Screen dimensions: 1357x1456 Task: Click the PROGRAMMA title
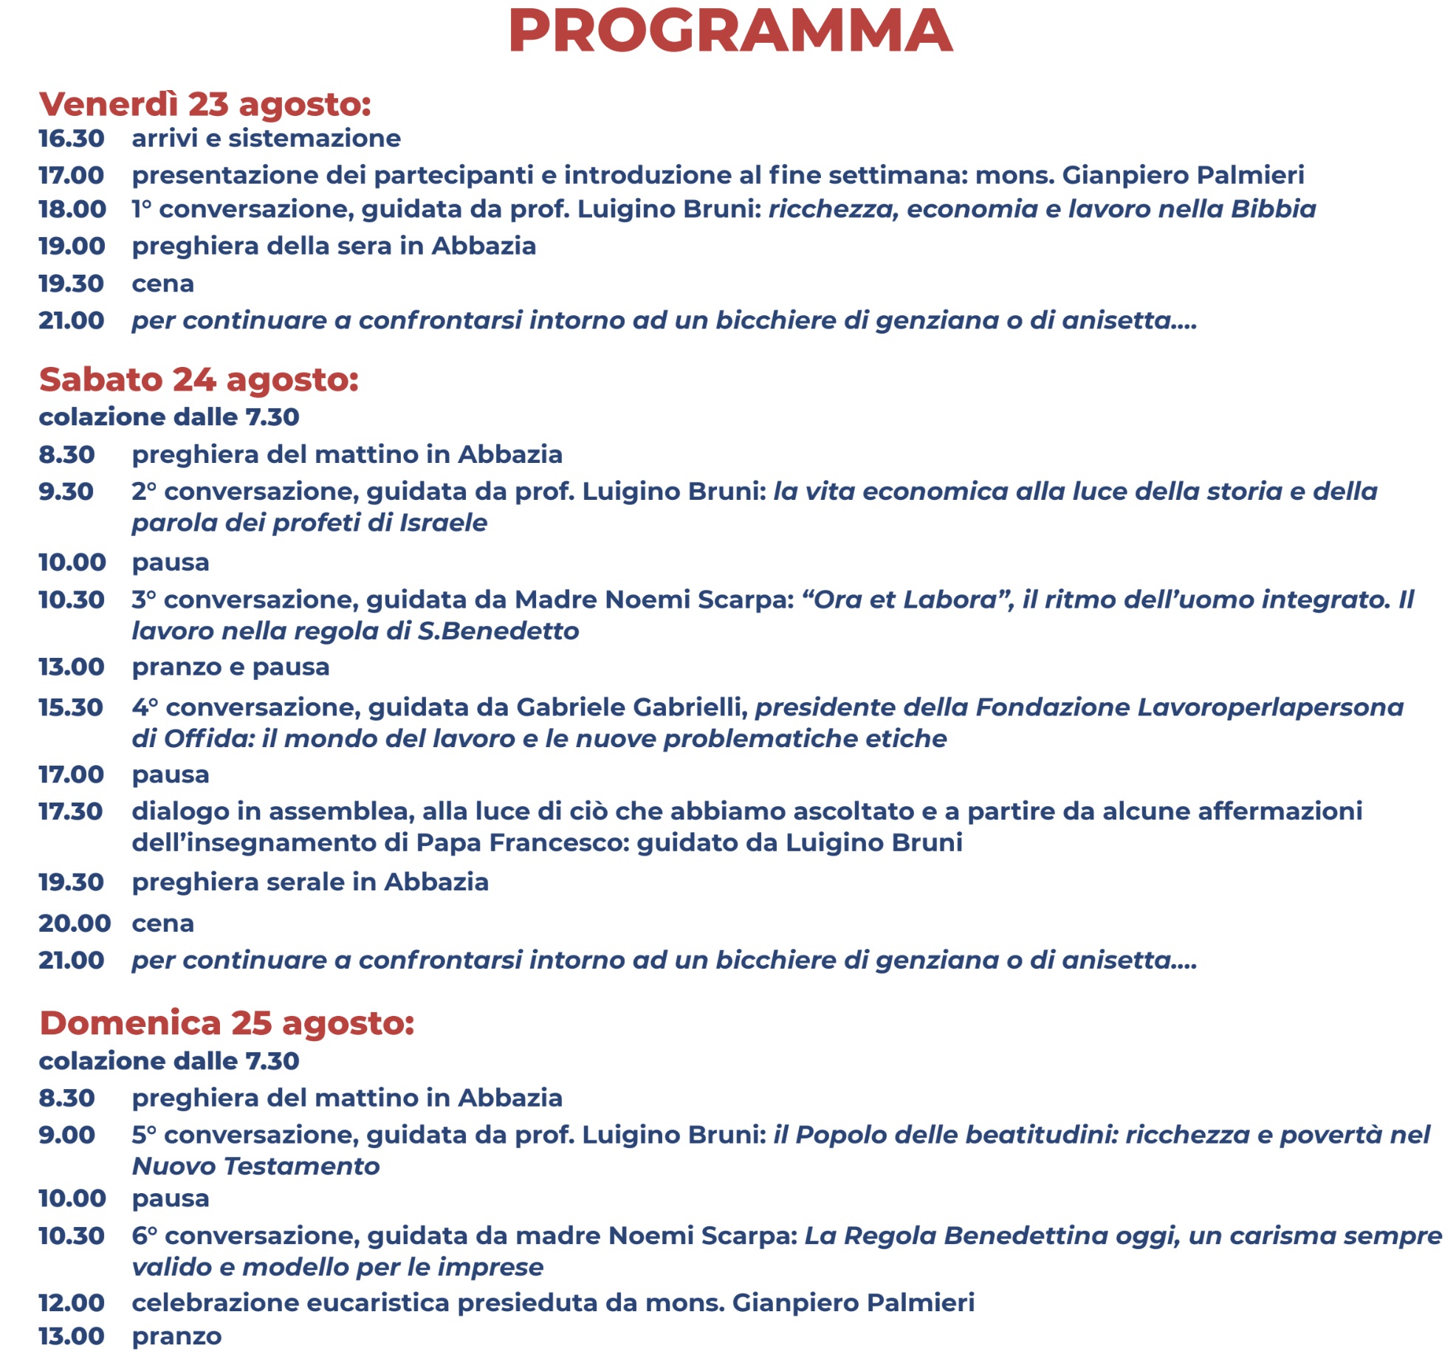pyautogui.click(x=730, y=31)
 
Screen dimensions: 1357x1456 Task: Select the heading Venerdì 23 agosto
pyautogui.click(x=205, y=104)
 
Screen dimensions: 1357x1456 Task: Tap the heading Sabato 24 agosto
pyautogui.click(x=199, y=379)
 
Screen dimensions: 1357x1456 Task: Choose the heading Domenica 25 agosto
pyautogui.click(x=227, y=1023)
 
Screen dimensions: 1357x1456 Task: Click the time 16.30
pyautogui.click(x=72, y=139)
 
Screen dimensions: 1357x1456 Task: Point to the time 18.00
pyautogui.click(x=72, y=210)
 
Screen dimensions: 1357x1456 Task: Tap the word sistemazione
pyautogui.click(x=315, y=139)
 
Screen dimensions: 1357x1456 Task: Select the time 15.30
pyautogui.click(x=71, y=708)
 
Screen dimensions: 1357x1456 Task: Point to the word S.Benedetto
pyautogui.click(x=498, y=632)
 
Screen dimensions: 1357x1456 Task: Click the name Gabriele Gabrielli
pyautogui.click(x=631, y=708)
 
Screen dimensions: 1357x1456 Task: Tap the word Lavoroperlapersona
pyautogui.click(x=1270, y=708)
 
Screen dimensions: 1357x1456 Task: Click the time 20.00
pyautogui.click(x=75, y=924)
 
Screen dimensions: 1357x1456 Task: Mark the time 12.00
pyautogui.click(x=72, y=1303)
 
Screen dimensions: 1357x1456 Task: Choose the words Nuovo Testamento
pyautogui.click(x=255, y=1167)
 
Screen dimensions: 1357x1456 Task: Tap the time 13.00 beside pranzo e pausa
pyautogui.click(x=72, y=667)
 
